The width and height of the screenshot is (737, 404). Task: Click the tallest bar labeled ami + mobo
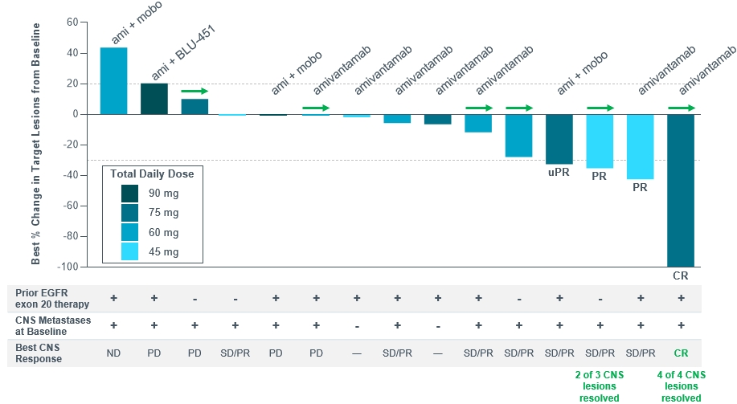point(113,80)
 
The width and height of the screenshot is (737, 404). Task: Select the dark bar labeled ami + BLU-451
point(154,98)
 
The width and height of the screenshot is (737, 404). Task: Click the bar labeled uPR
point(559,138)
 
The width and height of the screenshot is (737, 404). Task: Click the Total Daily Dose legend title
point(152,173)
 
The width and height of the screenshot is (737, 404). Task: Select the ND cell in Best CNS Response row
point(113,353)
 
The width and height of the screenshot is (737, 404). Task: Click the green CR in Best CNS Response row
point(681,353)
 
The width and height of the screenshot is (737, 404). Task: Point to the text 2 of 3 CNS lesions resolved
point(599,386)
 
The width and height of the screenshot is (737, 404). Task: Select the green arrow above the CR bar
point(682,108)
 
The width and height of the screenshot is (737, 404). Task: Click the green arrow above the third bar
point(194,92)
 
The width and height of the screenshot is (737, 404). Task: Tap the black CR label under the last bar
point(681,275)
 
